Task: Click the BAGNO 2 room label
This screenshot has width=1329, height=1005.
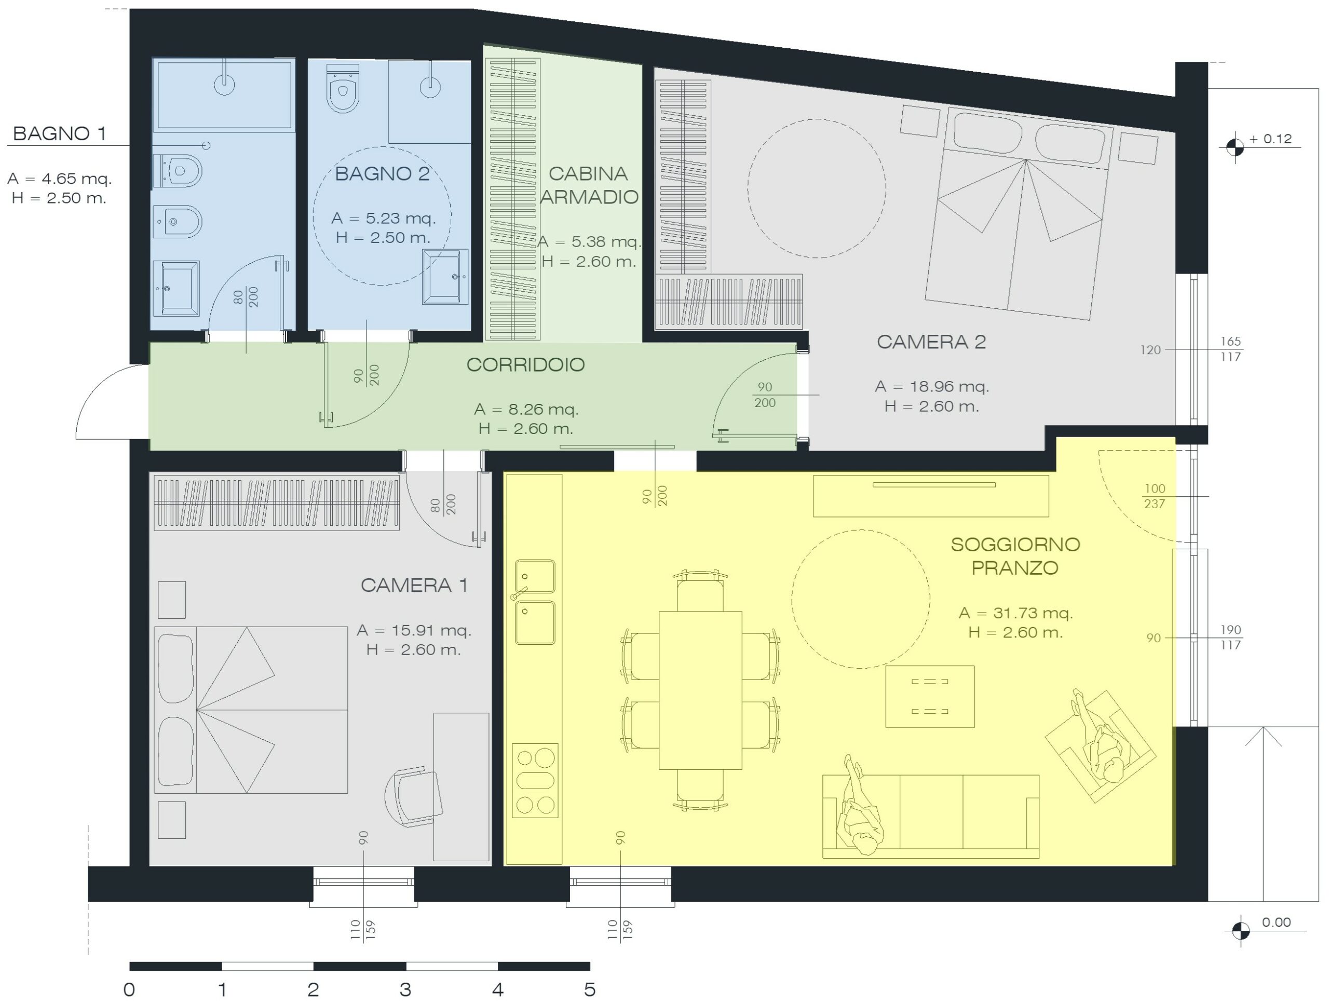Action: (382, 173)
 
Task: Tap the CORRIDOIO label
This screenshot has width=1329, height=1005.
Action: (526, 364)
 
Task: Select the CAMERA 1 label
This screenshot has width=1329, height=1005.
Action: (414, 585)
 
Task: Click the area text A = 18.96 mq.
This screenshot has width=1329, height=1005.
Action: (932, 386)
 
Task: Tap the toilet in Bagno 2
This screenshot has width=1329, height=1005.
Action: (343, 88)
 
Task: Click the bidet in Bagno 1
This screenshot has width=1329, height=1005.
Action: (177, 222)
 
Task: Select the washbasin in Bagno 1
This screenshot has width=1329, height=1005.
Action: (176, 288)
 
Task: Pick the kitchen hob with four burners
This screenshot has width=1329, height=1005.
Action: (535, 780)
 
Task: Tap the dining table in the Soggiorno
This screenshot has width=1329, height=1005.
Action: (700, 690)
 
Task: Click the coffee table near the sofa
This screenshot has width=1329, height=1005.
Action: (930, 696)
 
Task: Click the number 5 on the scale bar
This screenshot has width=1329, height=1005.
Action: (589, 989)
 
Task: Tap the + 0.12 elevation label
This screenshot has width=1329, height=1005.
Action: (1270, 139)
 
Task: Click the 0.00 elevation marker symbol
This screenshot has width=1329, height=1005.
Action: (1240, 931)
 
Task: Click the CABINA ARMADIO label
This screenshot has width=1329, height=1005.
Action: (589, 185)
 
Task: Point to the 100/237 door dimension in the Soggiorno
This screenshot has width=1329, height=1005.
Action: (1155, 496)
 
